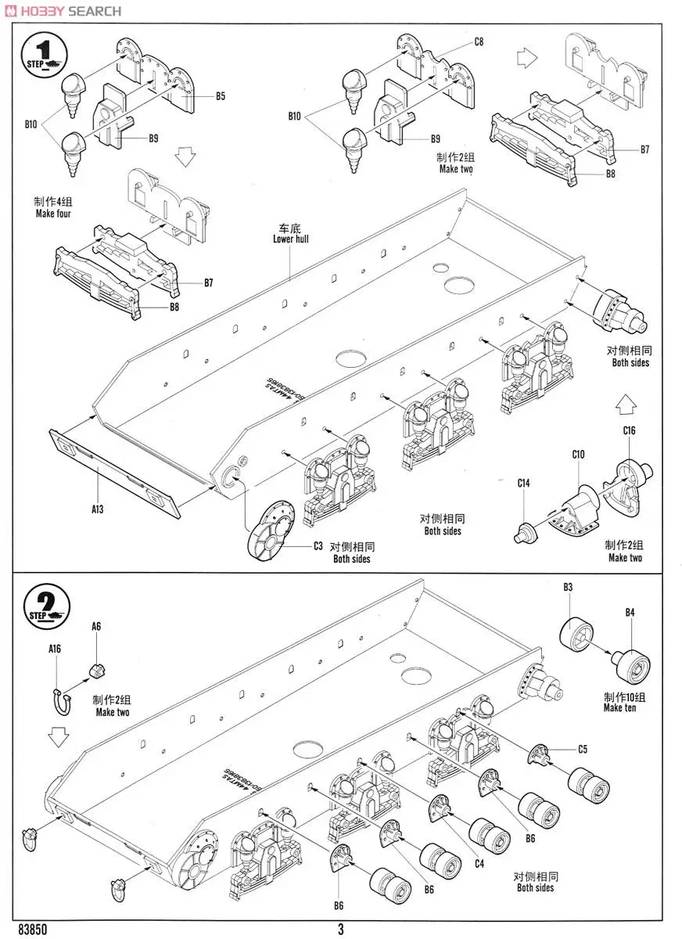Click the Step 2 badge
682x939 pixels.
[47, 607]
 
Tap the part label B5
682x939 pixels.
[221, 96]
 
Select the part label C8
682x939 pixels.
[479, 41]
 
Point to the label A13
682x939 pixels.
[97, 509]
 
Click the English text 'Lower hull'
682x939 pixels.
[290, 239]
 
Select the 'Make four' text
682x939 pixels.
[53, 214]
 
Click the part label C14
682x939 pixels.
[523, 483]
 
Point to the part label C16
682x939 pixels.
[629, 430]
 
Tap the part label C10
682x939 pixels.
[578, 455]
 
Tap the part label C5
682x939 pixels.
[582, 749]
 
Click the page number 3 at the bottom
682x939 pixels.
[341, 930]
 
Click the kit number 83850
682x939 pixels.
[31, 930]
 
